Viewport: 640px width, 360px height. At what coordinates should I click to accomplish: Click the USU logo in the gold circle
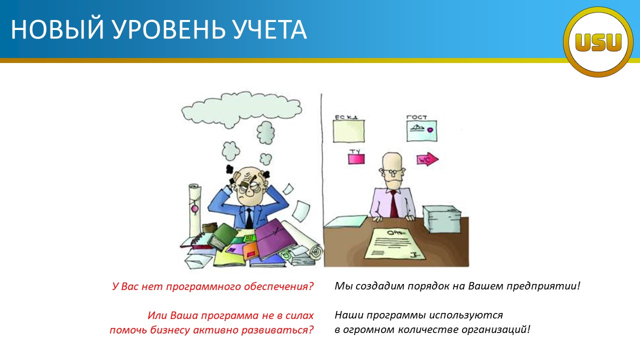[x=598, y=42]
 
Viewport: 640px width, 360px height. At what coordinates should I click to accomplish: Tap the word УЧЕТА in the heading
[x=270, y=29]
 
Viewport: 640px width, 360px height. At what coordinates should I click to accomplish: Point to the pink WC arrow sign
[x=427, y=159]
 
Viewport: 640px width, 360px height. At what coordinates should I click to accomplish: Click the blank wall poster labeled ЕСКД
[x=348, y=131]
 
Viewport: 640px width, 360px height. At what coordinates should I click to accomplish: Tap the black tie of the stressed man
[x=249, y=218]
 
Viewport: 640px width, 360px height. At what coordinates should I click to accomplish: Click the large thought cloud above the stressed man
[x=241, y=109]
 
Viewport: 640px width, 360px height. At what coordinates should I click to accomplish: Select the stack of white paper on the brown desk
[x=441, y=219]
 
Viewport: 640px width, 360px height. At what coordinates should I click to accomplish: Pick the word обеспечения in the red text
[x=279, y=286]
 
